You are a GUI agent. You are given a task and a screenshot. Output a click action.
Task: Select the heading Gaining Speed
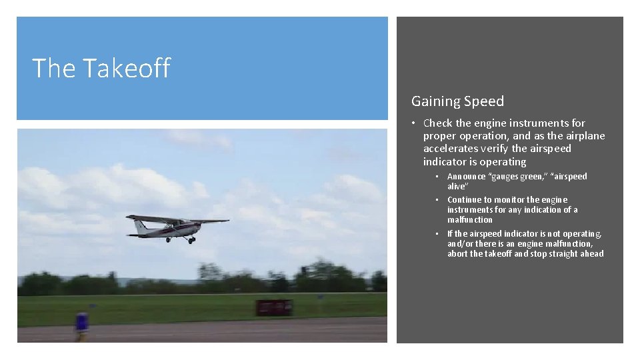(x=457, y=101)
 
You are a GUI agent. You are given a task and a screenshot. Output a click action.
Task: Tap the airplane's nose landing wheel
(x=192, y=240)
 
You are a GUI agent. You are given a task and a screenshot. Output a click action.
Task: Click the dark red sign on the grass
(x=274, y=307)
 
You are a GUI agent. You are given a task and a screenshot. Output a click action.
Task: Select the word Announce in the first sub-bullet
(x=467, y=177)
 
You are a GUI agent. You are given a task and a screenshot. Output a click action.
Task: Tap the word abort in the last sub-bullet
(x=457, y=254)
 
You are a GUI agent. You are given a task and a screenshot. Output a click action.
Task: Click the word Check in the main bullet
(x=437, y=123)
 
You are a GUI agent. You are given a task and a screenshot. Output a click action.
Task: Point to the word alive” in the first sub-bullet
(x=457, y=187)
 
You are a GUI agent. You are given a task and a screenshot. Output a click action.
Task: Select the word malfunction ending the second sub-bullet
(x=469, y=220)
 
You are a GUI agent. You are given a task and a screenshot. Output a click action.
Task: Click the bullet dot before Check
(x=414, y=123)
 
